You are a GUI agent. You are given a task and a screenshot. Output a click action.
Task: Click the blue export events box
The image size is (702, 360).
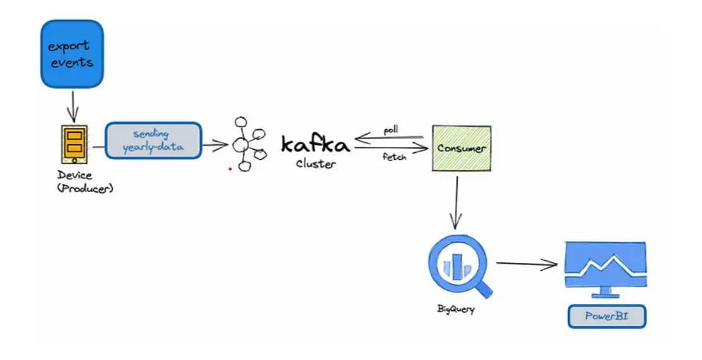[x=72, y=53]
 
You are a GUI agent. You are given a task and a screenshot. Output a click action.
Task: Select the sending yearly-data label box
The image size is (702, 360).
[x=154, y=140]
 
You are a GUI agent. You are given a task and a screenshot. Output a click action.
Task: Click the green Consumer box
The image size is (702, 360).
[x=461, y=148]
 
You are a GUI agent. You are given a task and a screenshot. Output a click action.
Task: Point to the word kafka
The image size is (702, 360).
[x=315, y=144]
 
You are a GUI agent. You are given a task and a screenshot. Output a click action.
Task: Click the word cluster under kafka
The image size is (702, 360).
[x=315, y=164]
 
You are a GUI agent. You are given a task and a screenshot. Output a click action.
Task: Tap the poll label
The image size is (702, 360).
[x=391, y=130]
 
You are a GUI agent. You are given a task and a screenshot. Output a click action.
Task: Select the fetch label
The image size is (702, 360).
[x=394, y=157]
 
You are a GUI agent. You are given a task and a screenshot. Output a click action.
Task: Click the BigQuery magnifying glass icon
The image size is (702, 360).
[x=460, y=267]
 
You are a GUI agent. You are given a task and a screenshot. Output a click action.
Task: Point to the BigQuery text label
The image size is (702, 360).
[x=456, y=308]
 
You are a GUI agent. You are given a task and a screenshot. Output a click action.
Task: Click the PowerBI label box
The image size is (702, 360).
[x=607, y=316]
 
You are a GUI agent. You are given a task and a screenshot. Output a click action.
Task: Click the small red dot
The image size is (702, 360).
[x=230, y=169]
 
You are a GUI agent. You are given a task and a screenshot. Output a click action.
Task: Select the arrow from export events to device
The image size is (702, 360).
[x=72, y=106]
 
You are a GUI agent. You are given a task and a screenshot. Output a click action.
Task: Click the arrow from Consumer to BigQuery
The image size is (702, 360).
[x=456, y=203]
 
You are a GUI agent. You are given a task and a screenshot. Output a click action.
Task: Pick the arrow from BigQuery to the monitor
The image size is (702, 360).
[x=527, y=264]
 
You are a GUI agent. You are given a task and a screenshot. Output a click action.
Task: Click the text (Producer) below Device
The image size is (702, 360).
[x=85, y=189]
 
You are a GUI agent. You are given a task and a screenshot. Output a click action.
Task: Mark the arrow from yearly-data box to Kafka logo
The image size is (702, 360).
[x=215, y=145]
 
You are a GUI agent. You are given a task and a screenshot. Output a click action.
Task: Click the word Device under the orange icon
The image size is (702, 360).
[x=74, y=175]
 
